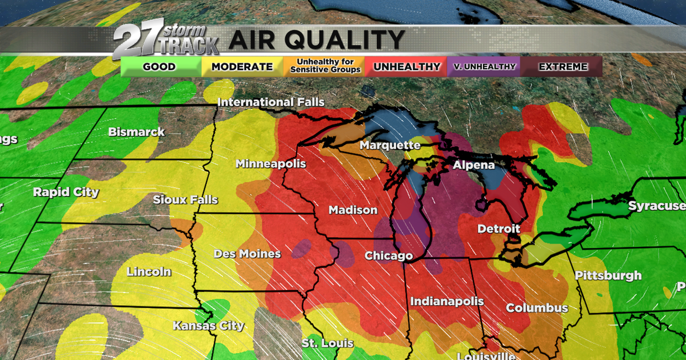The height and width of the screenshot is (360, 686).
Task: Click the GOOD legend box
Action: coord(159,67)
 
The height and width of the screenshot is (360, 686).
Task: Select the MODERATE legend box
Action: coord(242,67)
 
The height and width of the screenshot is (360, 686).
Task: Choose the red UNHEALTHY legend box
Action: coord(407,67)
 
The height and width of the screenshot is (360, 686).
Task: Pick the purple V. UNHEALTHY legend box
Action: coord(485,67)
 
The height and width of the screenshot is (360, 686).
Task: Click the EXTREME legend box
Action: coord(563,67)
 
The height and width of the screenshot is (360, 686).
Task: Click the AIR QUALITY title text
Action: coord(317,41)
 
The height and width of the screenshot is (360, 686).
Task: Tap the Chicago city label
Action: coord(389,255)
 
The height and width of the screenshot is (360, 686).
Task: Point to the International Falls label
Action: coord(271,102)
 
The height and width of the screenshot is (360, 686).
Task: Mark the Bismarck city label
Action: coord(137,132)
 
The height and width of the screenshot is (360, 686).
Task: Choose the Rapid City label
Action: coord(66,192)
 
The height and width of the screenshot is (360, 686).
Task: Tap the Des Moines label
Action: coord(247,254)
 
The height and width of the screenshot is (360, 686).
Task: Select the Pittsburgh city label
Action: coord(608,275)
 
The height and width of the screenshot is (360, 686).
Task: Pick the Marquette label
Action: coord(390,146)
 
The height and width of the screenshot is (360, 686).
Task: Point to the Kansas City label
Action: coord(209,326)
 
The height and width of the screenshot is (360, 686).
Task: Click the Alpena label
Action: coord(474,165)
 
